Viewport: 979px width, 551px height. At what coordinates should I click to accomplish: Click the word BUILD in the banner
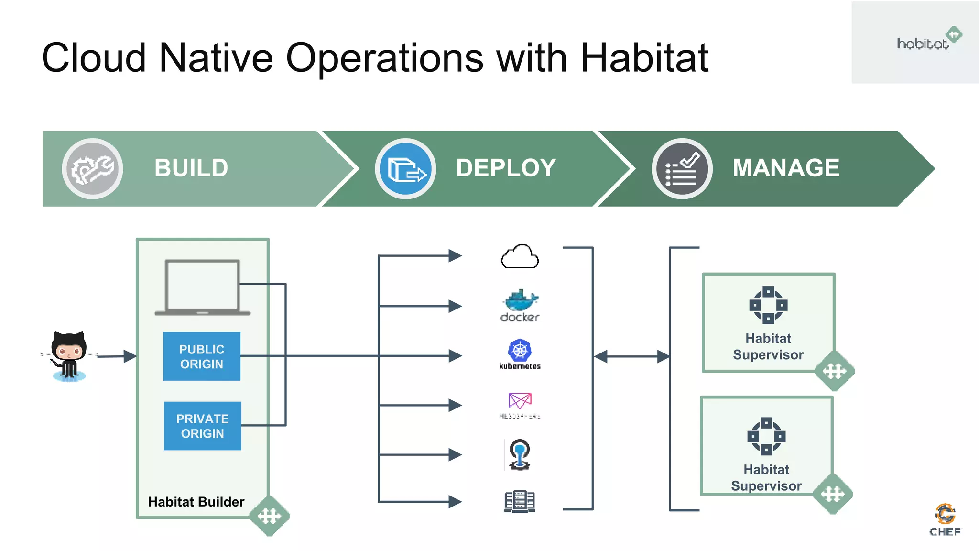(191, 168)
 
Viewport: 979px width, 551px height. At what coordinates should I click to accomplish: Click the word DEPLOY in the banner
(506, 168)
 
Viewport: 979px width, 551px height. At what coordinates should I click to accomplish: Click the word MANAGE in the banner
(785, 168)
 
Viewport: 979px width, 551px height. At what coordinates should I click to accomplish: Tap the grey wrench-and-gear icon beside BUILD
(92, 169)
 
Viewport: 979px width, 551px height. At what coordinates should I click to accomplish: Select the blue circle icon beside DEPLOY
(405, 169)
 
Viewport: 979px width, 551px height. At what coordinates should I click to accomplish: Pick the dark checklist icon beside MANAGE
(682, 169)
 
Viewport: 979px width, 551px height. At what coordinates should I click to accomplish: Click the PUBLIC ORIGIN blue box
(202, 356)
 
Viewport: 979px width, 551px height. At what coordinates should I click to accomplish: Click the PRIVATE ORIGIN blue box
(202, 426)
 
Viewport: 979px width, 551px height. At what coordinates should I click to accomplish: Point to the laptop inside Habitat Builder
(202, 287)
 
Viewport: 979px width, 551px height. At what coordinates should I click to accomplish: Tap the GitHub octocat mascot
(69, 355)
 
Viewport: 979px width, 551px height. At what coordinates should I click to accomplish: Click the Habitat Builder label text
(196, 502)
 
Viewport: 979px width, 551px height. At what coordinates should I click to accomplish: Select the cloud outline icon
(520, 257)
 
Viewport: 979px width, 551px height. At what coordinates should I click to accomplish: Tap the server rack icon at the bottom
(520, 502)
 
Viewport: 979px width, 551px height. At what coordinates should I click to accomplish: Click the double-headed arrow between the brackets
(631, 356)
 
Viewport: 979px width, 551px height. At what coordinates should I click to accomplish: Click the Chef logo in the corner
(945, 519)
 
